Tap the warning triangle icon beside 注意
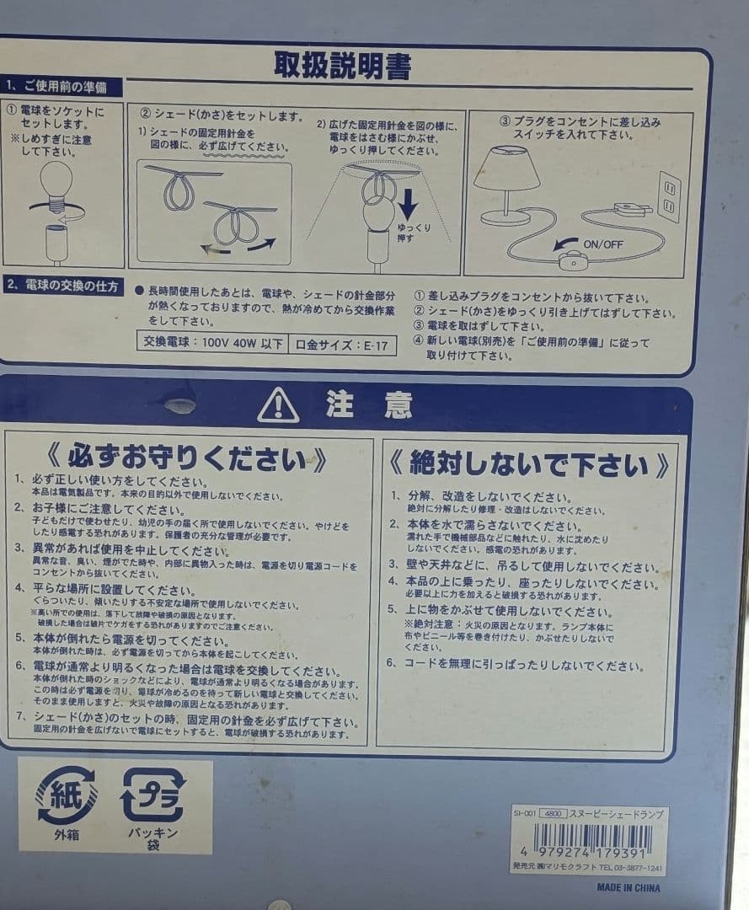pos(278,406)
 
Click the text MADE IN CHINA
pos(628,887)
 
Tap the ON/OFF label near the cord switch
pos(602,244)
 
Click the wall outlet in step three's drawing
pos(668,196)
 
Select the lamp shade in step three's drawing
pos(506,168)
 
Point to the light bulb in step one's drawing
pos(56,181)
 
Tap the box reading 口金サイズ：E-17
pos(342,345)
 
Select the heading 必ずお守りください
pos(187,459)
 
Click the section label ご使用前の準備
pos(62,87)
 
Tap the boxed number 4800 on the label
pos(552,814)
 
